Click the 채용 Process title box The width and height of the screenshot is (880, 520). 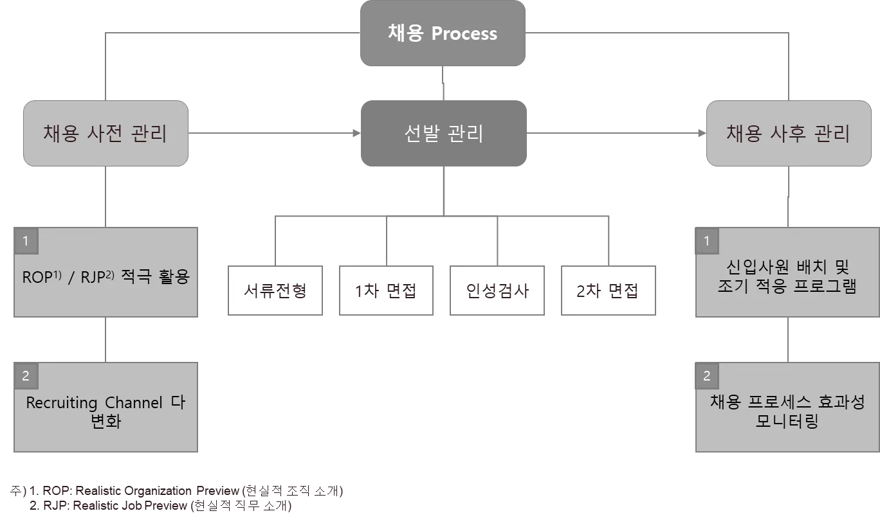(x=443, y=33)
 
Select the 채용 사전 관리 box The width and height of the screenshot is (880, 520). (x=105, y=133)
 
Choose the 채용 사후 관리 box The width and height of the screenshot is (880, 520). (x=789, y=133)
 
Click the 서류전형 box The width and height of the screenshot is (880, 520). (x=275, y=290)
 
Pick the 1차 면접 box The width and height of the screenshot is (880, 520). (x=386, y=290)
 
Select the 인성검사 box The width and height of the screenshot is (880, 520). (x=497, y=290)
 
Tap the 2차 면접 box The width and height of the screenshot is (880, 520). (x=609, y=290)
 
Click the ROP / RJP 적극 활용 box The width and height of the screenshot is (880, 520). (x=106, y=278)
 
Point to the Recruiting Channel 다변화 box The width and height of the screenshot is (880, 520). (x=106, y=411)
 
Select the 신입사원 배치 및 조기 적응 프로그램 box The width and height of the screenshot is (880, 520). (x=787, y=276)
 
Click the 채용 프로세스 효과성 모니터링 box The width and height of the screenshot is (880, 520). (x=787, y=411)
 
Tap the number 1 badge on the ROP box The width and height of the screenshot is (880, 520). (x=25, y=241)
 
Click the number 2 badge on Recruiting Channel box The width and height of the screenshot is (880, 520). (x=25, y=376)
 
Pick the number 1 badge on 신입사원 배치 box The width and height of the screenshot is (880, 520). (x=707, y=241)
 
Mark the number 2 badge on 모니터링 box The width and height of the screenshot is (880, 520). (x=707, y=376)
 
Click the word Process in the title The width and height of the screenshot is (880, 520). (x=464, y=33)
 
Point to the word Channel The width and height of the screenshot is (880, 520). (x=133, y=403)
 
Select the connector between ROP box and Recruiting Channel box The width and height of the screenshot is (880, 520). (x=106, y=339)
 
